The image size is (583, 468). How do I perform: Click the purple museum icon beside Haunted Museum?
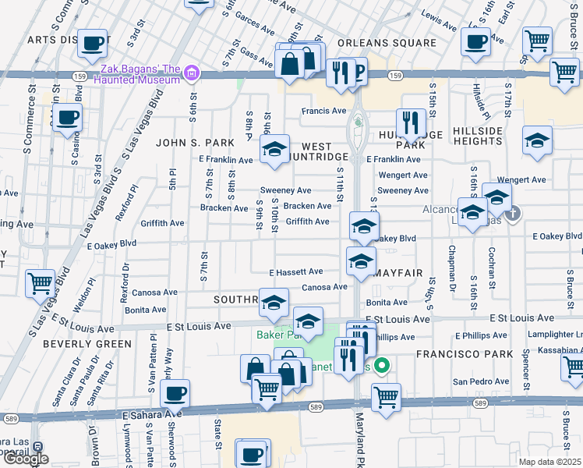click(192, 75)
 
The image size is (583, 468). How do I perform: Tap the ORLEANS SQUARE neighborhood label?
click(387, 43)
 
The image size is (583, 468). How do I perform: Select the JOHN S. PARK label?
click(195, 143)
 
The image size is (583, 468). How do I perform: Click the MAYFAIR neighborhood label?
click(398, 273)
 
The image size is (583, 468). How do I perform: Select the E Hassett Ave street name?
click(295, 272)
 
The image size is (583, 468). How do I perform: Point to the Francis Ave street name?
click(323, 111)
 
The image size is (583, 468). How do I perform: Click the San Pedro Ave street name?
click(482, 381)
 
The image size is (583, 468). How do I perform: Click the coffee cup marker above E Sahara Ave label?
click(175, 392)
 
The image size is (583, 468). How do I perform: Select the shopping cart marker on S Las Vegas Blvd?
click(41, 283)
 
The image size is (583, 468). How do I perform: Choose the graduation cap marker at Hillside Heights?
click(537, 140)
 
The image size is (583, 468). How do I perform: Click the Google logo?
click(25, 459)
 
